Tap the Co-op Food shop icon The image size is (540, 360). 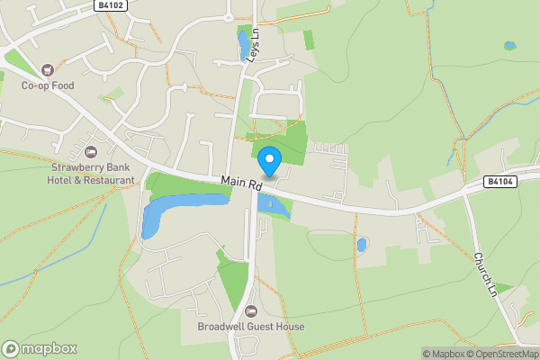click(x=48, y=69)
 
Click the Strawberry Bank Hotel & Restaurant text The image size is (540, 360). click(x=92, y=174)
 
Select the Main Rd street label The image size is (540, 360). click(x=240, y=184)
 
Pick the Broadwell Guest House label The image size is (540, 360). click(x=251, y=327)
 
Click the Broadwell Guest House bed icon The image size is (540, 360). click(x=251, y=310)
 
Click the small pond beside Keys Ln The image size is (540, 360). click(x=242, y=42)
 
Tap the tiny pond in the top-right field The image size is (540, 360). click(x=510, y=45)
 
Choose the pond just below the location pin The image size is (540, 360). click(x=273, y=206)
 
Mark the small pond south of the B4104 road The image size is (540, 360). click(x=362, y=244)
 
